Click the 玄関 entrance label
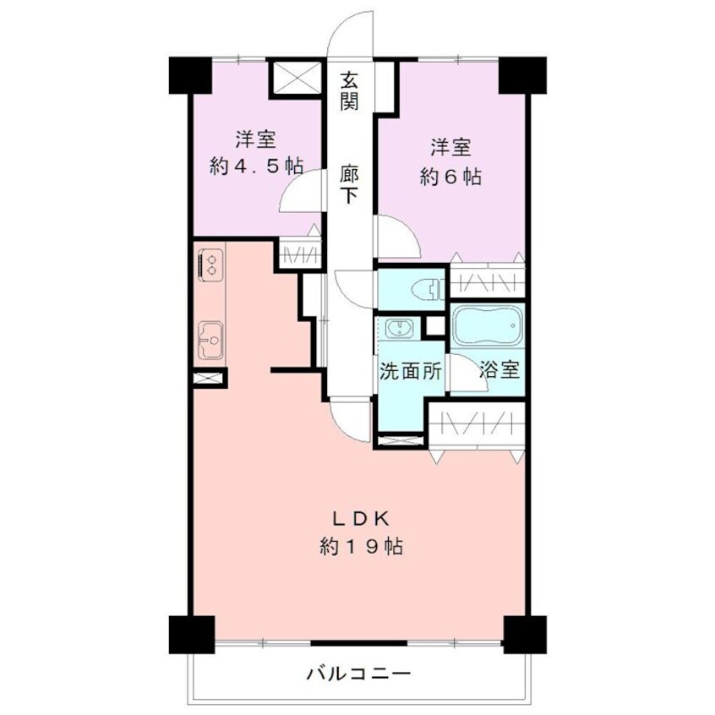coord(349,92)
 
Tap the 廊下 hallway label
coord(349,184)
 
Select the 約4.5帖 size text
coord(256,166)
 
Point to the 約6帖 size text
coord(450,177)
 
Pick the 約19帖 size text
coord(360,547)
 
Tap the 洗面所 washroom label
coord(410,371)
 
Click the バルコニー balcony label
coord(358,674)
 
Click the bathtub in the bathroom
coord(488,325)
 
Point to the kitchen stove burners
coord(210,262)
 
